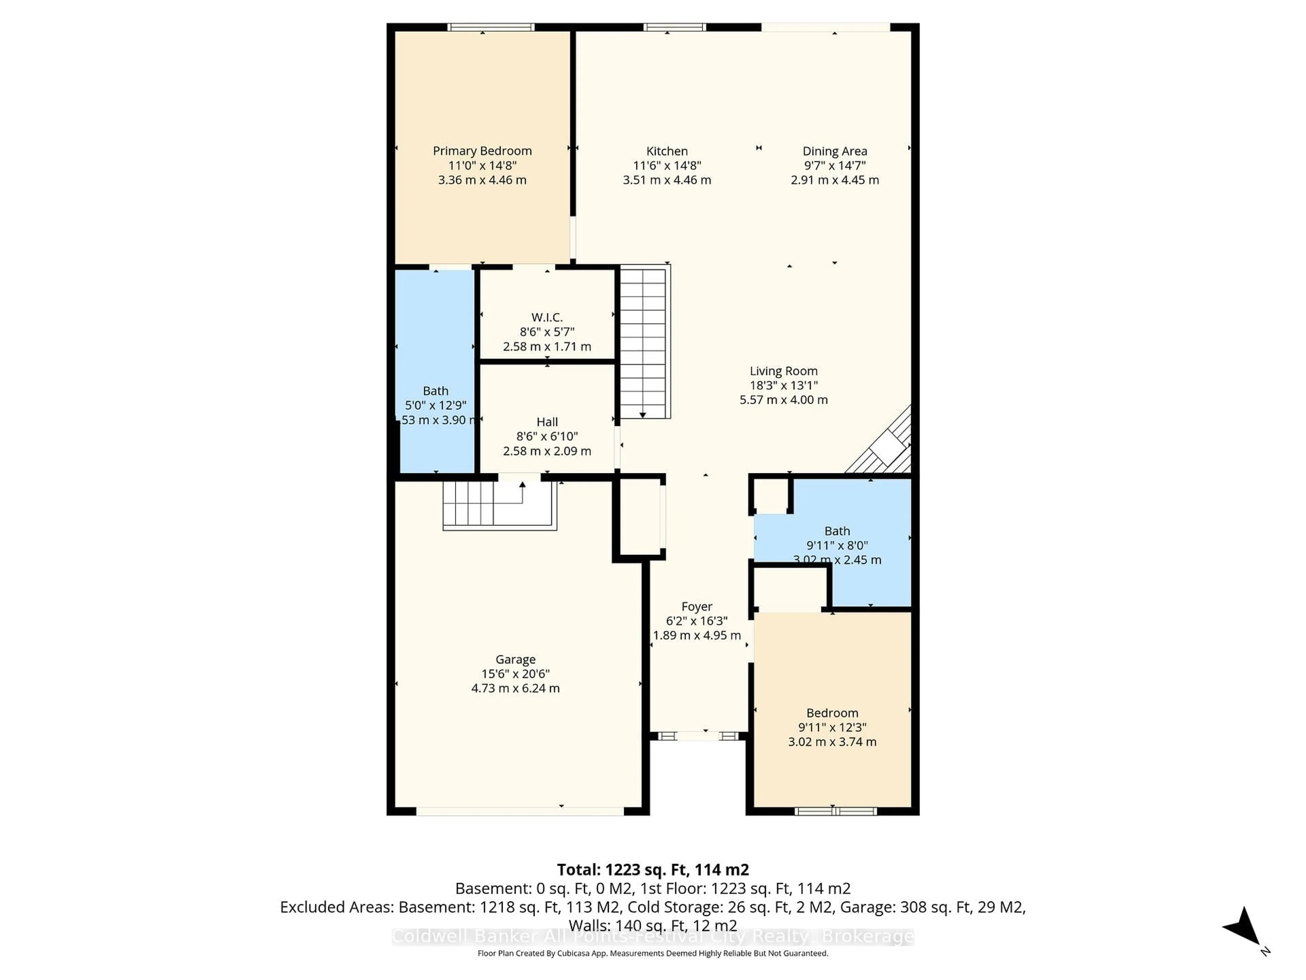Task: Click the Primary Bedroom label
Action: pos(482,151)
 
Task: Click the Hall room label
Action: pos(547,422)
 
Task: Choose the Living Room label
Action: pos(784,371)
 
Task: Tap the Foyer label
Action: pos(697,607)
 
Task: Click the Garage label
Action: pos(516,659)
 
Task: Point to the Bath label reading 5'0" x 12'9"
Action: pos(436,391)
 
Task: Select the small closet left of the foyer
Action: pos(639,517)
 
